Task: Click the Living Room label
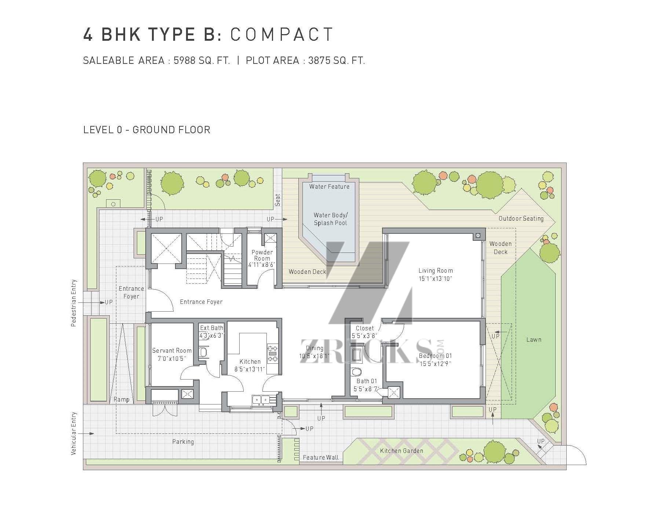pyautogui.click(x=436, y=271)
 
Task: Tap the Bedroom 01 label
pyautogui.click(x=436, y=356)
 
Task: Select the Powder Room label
pyautogui.click(x=262, y=255)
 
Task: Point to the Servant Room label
pyautogui.click(x=172, y=351)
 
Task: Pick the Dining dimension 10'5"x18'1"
pyautogui.click(x=314, y=356)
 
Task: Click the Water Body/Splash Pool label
pyautogui.click(x=330, y=219)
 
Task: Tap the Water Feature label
pyautogui.click(x=329, y=186)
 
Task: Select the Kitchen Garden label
pyautogui.click(x=402, y=451)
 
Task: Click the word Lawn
pyautogui.click(x=534, y=340)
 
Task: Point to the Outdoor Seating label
pyautogui.click(x=521, y=219)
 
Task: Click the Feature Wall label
pyautogui.click(x=321, y=457)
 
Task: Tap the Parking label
pyautogui.click(x=183, y=442)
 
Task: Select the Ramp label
pyautogui.click(x=121, y=399)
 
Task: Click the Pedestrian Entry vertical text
pyautogui.click(x=74, y=303)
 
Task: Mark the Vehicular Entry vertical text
pyautogui.click(x=74, y=433)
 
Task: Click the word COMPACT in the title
pyautogui.click(x=282, y=35)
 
